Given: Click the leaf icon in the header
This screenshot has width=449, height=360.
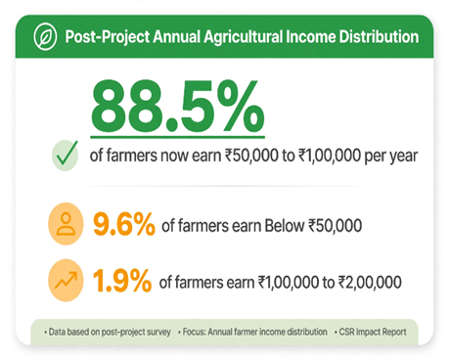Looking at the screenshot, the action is (45, 36).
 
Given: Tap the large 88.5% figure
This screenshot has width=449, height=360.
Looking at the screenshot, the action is (177, 107).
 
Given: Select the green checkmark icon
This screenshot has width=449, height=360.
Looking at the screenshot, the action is (66, 156).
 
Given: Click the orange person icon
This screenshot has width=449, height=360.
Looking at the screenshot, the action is (66, 224).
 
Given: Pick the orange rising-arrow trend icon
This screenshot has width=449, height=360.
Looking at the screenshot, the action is (66, 281).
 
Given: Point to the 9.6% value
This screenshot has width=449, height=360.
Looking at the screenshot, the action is (124, 224).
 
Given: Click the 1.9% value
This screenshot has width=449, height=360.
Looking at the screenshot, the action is (122, 281).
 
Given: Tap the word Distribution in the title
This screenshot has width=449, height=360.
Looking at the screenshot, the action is (379, 36).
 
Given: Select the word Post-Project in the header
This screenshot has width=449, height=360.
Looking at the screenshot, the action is (108, 37).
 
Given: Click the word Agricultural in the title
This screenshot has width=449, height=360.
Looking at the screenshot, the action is (243, 37).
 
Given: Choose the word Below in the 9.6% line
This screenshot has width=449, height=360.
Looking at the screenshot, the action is (285, 226).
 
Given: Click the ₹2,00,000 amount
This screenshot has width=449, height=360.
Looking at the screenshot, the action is (370, 283).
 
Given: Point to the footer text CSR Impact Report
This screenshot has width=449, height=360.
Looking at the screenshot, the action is (373, 332).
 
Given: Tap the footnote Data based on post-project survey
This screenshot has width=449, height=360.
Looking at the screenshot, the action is (110, 332).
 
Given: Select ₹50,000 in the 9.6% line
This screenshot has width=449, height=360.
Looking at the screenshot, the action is (335, 226).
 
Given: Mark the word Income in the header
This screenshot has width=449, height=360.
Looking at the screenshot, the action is (311, 36).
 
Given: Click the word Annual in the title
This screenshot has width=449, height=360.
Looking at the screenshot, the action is (176, 36).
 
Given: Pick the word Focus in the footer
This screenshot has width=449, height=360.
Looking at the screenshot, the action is (194, 332).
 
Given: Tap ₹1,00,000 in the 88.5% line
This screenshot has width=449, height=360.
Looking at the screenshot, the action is (330, 156).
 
